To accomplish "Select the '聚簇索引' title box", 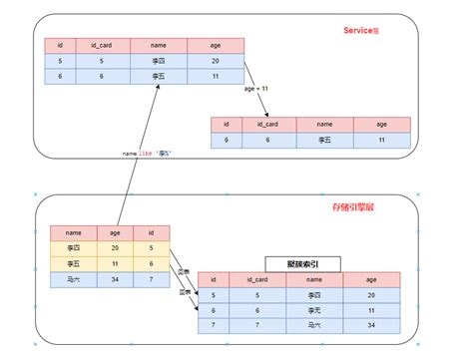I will tap(303, 263).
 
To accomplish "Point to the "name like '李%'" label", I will tap(147, 154).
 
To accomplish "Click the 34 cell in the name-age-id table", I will tap(116, 279).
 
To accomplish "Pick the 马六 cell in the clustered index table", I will tap(314, 325).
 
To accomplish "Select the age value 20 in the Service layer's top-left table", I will tap(215, 61).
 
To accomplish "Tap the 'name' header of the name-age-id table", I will tap(74, 232).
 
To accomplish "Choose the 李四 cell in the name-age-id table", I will tap(74, 248).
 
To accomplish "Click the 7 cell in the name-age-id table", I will tap(151, 279).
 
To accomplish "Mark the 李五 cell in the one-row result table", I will tap(325, 141).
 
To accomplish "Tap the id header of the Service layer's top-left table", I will tap(62, 45).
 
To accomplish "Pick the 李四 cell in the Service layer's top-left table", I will tap(158, 61).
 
